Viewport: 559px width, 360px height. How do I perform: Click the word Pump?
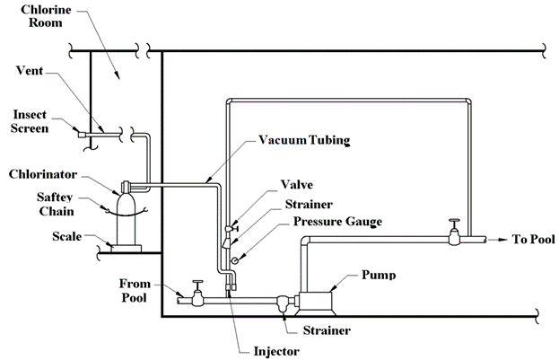[x=378, y=274]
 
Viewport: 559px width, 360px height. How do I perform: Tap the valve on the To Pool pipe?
[x=455, y=236]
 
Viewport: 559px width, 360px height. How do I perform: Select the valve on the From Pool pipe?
[x=197, y=296]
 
